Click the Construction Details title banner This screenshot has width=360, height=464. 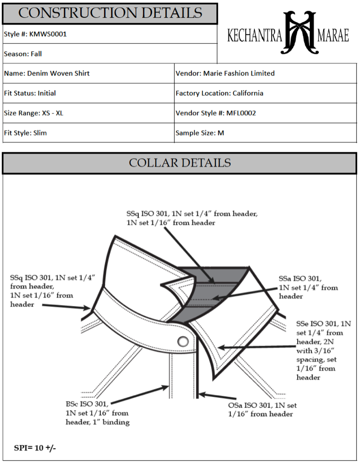tap(110, 13)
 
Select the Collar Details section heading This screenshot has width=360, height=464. tap(180, 163)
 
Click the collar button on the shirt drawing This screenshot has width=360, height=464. tap(182, 342)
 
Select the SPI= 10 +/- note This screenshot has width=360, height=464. tap(36, 448)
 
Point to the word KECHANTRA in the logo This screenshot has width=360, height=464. tap(254, 36)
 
